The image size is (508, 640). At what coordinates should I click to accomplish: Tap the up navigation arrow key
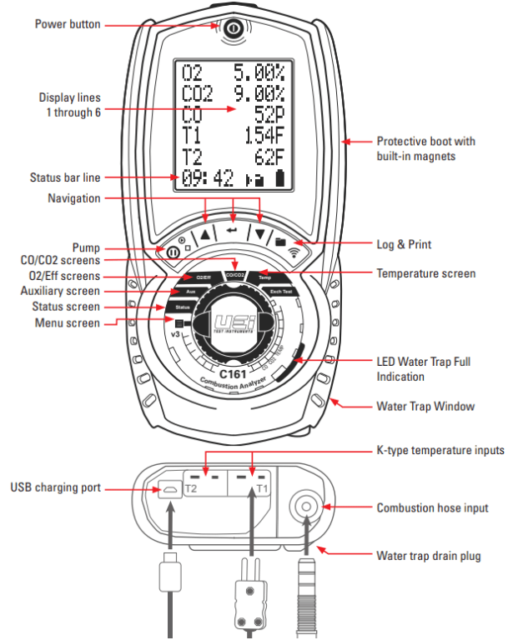coord(204,233)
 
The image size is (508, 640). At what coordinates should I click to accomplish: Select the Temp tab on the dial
coord(264,277)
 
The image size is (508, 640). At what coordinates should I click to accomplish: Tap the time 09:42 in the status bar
coord(204,177)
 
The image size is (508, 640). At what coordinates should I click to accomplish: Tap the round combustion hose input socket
coord(305,506)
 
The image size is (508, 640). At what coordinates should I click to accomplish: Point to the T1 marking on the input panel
coord(262,487)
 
